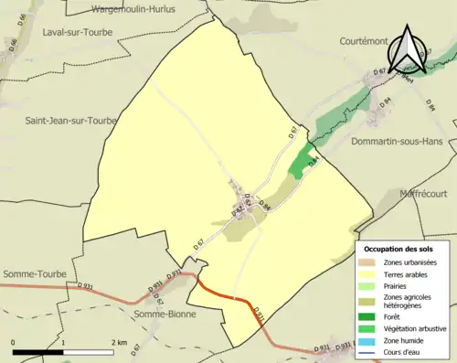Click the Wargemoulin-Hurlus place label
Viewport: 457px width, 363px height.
pyautogui.click(x=147, y=10)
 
